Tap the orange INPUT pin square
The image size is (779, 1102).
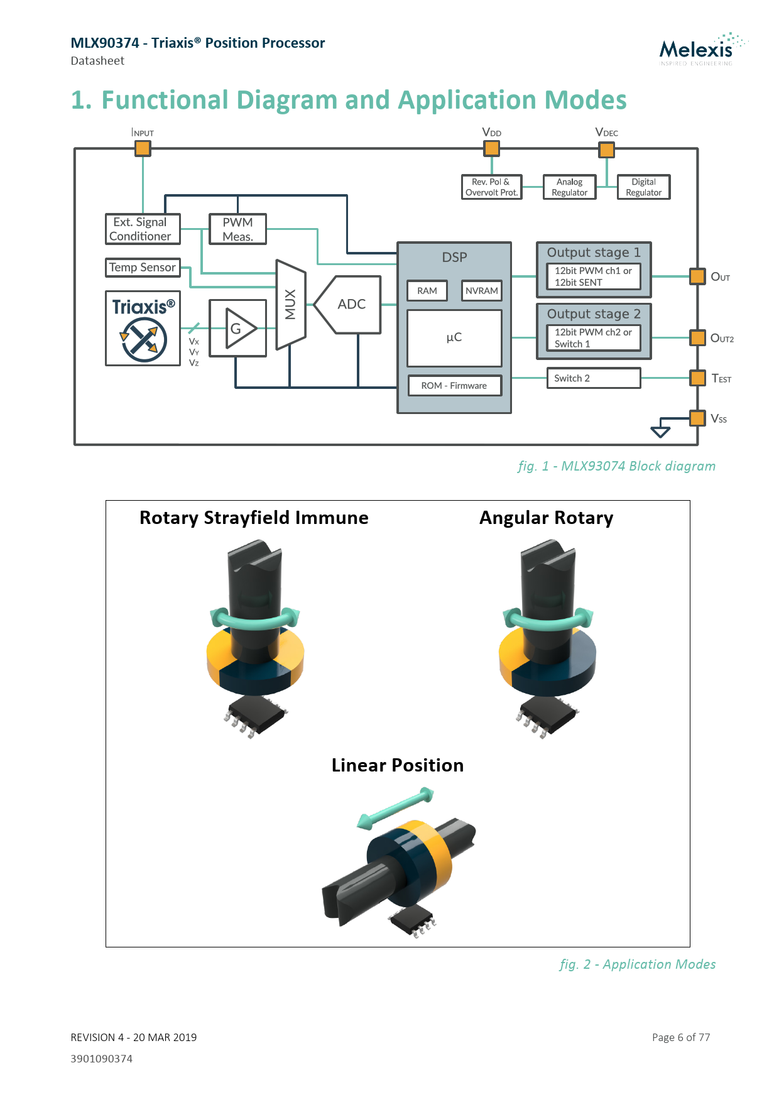(143, 149)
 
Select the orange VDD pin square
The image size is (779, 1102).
(491, 149)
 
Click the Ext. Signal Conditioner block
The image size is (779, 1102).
(143, 229)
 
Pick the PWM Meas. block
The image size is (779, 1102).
(237, 229)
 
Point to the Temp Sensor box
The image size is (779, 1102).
(143, 268)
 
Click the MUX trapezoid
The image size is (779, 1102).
(291, 304)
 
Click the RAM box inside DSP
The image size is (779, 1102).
(427, 291)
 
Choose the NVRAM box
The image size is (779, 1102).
(482, 291)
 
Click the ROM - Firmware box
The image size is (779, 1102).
(454, 386)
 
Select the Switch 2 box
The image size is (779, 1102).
(593, 378)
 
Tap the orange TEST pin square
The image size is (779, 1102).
(697, 378)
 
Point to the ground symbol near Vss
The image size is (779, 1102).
(661, 430)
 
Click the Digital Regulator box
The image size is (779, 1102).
(644, 187)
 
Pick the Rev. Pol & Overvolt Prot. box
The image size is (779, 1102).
(491, 187)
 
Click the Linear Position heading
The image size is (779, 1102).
(398, 765)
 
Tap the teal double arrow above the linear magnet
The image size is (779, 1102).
(395, 807)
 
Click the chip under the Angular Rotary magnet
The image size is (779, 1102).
(546, 716)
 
